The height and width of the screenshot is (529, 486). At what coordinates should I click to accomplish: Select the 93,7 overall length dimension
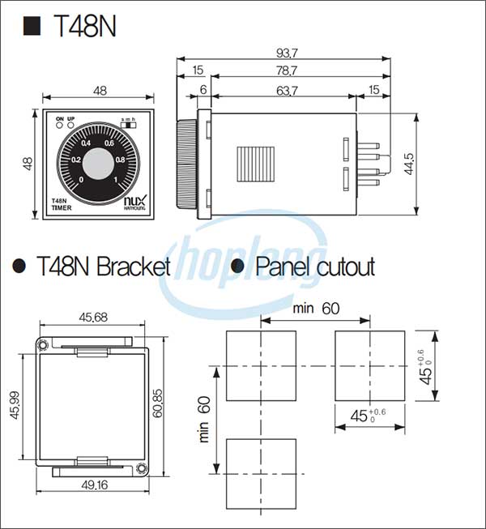click(287, 53)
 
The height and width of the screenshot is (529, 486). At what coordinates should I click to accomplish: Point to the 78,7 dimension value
click(287, 72)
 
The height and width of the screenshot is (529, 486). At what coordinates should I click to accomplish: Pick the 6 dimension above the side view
click(202, 92)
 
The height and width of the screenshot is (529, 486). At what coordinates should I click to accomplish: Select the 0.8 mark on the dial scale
click(120, 160)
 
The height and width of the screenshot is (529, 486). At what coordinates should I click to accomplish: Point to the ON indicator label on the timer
click(59, 119)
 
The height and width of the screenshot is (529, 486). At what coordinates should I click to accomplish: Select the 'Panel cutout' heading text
click(315, 267)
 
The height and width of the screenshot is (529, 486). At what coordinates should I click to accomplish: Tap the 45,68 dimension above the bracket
click(94, 317)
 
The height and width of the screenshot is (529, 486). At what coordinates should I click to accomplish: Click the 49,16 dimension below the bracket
click(94, 485)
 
